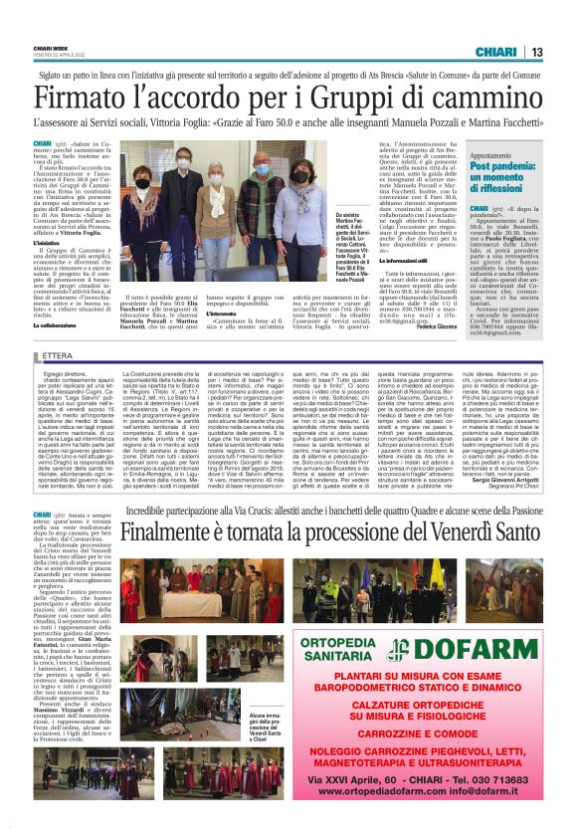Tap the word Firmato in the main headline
[88, 97]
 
